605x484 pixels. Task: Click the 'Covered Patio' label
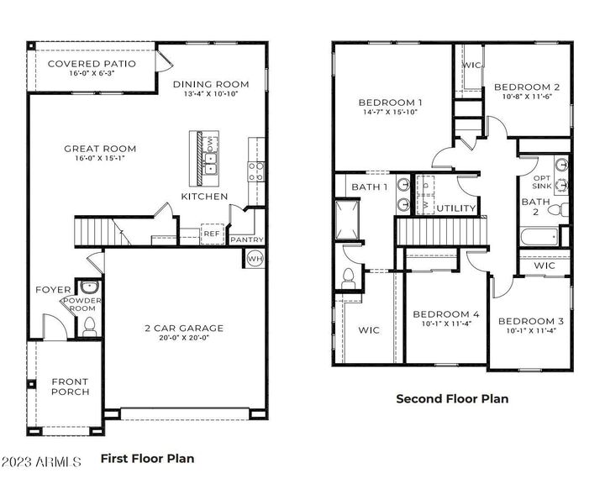point(92,64)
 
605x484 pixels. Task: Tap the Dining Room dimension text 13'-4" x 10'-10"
point(211,95)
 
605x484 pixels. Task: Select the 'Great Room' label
point(100,149)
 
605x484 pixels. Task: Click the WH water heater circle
point(255,259)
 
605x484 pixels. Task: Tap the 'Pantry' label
point(246,239)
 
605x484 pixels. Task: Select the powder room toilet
point(90,325)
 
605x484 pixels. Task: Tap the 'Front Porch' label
point(70,387)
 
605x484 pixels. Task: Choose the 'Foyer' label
point(53,290)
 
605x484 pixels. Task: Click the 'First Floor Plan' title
point(147,459)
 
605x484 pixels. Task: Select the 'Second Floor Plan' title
point(452,399)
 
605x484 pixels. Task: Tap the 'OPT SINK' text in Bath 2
point(542,182)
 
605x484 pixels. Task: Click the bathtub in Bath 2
point(539,238)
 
